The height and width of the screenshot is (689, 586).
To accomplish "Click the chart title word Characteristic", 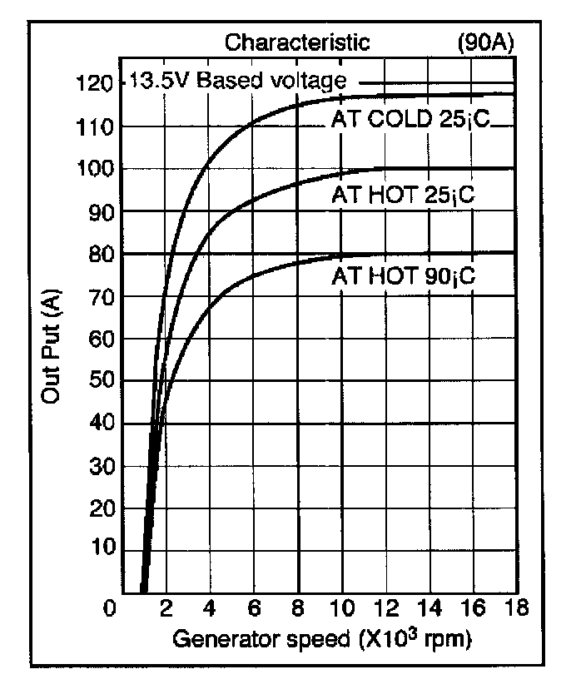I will click(297, 42).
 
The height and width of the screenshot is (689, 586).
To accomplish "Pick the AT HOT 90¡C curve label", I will click(403, 275).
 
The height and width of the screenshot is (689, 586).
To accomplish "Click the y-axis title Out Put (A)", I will click(52, 349).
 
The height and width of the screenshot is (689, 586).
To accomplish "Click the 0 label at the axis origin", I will click(110, 608).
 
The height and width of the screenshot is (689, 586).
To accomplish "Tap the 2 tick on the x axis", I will click(166, 608).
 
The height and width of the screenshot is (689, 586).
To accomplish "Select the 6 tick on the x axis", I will click(255, 608).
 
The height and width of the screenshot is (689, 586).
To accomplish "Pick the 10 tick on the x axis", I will click(340, 608).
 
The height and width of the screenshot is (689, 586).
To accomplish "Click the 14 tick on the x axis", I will click(427, 608).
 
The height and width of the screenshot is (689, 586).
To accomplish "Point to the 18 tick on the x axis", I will click(515, 608).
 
